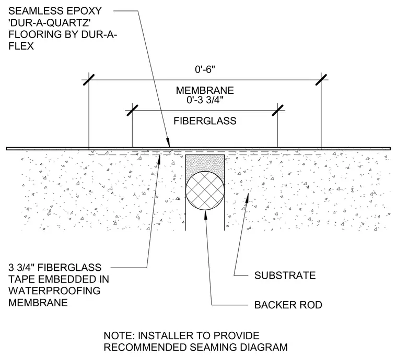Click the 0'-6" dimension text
(205, 69)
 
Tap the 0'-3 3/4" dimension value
(205, 100)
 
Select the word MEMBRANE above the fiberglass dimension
(205, 90)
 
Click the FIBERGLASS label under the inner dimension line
(205, 121)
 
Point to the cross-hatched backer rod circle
(205, 190)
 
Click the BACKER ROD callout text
(288, 305)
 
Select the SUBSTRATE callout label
(285, 275)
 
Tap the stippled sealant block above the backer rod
(205, 164)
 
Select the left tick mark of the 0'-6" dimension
(89, 80)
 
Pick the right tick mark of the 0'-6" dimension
(321, 80)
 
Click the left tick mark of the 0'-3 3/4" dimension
(132, 111)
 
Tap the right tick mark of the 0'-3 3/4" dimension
(278, 111)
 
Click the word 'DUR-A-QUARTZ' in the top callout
(50, 22)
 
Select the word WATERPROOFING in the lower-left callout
(54, 291)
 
